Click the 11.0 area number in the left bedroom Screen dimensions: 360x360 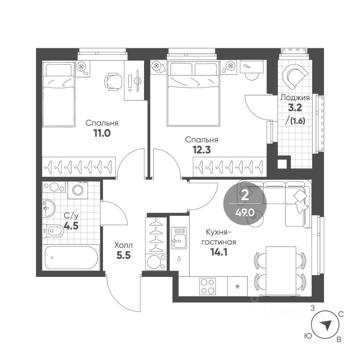102,133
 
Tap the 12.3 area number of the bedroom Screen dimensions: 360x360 202,150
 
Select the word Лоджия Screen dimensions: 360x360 295,97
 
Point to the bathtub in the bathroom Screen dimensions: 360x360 71,258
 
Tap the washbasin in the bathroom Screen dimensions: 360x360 49,208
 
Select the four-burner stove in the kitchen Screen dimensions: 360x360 207,286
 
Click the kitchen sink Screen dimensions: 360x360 179,238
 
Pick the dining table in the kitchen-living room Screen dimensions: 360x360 281,271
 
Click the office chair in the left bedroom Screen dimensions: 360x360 113,81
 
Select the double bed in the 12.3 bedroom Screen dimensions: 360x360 193,94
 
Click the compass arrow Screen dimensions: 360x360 326,325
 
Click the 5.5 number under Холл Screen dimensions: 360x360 123,255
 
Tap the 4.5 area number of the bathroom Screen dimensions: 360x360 71,226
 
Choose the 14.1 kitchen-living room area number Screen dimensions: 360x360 219,252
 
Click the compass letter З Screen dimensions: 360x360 312,308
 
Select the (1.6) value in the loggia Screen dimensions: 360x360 298,121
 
